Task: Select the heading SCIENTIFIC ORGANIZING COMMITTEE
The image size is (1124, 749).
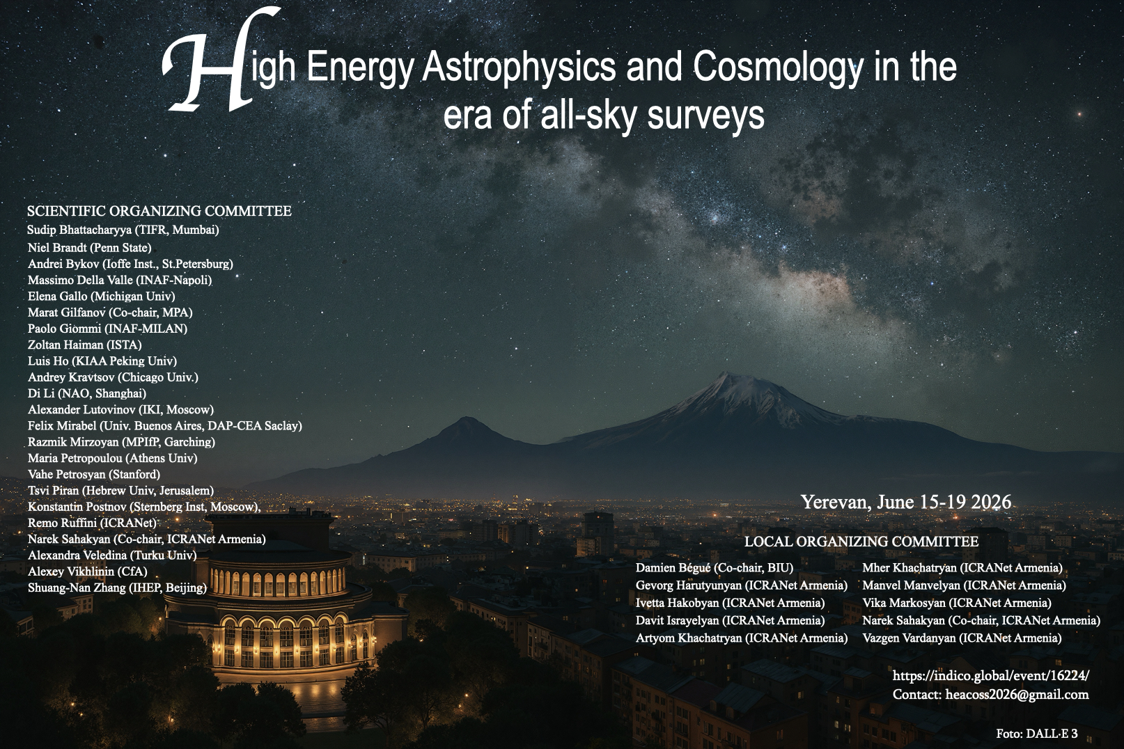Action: coord(159,211)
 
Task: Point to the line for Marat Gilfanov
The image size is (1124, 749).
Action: coord(111,313)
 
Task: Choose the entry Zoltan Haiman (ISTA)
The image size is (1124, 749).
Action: coord(85,345)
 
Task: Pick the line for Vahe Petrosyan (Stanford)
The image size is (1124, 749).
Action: coord(94,475)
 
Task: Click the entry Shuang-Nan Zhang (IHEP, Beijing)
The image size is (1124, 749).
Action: coord(118,588)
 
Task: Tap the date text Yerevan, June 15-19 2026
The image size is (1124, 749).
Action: coord(906,502)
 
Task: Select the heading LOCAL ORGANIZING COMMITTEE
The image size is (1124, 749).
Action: coord(861,542)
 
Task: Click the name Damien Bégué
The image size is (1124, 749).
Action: coord(673,568)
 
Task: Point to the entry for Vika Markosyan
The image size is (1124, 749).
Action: coord(956,603)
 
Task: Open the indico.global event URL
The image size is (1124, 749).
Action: coord(990,676)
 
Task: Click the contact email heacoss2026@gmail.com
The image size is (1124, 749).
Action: coord(1017,695)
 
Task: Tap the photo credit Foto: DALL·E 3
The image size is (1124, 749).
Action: coord(1037,734)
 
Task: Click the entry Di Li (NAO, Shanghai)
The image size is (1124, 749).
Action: coord(87,393)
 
